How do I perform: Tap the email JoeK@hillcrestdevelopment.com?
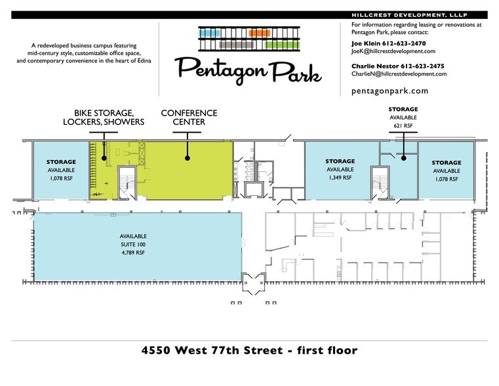point(393,51)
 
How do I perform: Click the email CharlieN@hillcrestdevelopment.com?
point(399,74)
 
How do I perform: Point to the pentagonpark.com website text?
point(390,91)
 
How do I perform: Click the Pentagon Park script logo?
point(248,70)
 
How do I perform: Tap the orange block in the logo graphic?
point(260,33)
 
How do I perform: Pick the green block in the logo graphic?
point(282,45)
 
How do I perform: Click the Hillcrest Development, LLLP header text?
point(409,15)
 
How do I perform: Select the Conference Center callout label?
point(189,118)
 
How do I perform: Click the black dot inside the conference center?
point(188,158)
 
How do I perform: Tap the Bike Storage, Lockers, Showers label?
point(104,118)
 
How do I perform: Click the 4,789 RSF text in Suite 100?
point(133,253)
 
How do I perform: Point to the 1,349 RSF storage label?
point(340,178)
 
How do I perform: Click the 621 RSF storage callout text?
point(403,126)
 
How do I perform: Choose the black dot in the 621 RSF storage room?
point(403,158)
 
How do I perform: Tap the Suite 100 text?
point(133,245)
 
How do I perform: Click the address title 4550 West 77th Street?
point(212,351)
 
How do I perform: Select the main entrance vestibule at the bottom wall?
point(254,282)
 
